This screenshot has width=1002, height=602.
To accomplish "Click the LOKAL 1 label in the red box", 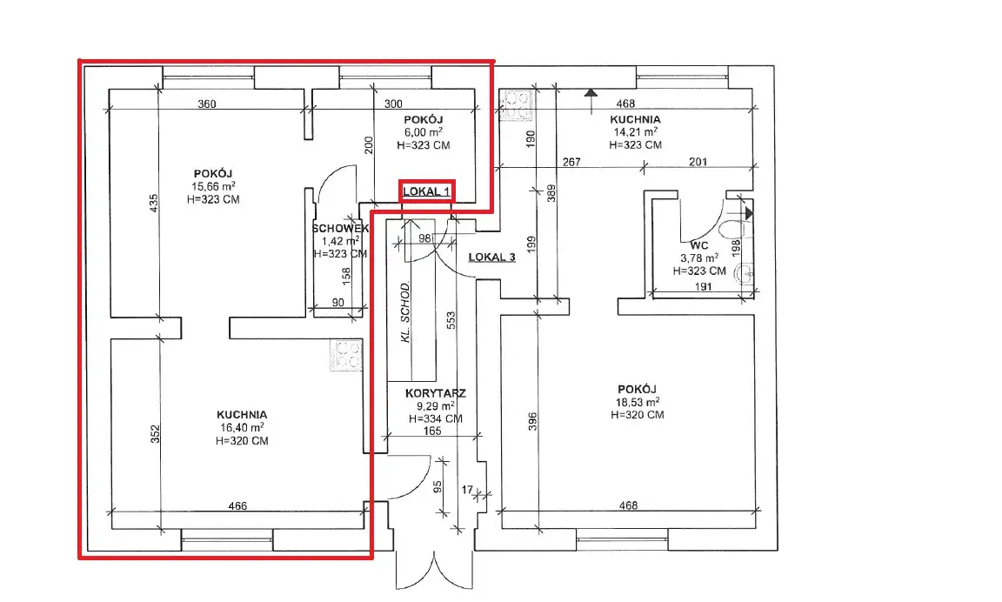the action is click(426, 191).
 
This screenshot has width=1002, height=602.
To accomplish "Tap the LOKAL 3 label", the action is click(492, 258).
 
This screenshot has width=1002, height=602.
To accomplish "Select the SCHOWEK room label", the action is click(340, 228).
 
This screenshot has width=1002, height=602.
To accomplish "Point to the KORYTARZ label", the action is click(435, 394).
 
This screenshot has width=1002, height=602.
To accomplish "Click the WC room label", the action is click(699, 245).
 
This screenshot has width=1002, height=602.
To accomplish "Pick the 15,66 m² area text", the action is click(213, 186).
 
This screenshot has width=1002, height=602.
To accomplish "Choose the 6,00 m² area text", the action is click(423, 132).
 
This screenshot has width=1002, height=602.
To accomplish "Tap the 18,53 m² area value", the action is click(637, 402).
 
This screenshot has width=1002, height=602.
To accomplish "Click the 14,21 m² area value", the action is click(635, 132).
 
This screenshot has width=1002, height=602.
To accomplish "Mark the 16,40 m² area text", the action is click(242, 427).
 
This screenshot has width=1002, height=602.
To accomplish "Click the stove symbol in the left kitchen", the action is click(345, 355).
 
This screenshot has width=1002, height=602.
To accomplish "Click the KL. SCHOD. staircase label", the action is click(405, 311).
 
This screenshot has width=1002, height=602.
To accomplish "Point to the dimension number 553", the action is click(451, 320).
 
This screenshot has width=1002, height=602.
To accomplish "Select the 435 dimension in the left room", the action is click(154, 204).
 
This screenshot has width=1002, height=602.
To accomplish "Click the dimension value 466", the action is click(237, 506).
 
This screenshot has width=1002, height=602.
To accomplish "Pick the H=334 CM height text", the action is click(435, 419).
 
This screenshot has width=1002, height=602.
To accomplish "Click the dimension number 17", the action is click(468, 490).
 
